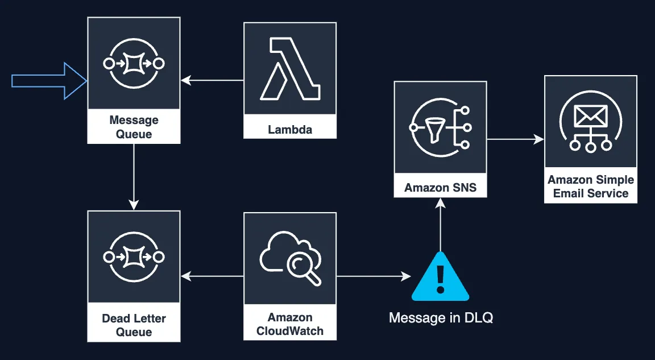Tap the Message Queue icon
[134, 63]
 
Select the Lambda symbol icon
[290, 68]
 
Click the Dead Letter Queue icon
[134, 257]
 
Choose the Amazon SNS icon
[441, 128]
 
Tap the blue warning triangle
[440, 278]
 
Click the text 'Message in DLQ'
[441, 318]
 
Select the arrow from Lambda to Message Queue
[212, 81]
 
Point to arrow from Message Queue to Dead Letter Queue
[134, 176]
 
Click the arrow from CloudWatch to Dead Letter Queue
[212, 276]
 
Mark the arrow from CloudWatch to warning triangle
[373, 276]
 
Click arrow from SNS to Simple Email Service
[515, 139]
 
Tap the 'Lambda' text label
[290, 130]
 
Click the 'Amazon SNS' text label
[441, 188]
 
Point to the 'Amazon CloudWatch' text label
[290, 324]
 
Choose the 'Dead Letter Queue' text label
[134, 325]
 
